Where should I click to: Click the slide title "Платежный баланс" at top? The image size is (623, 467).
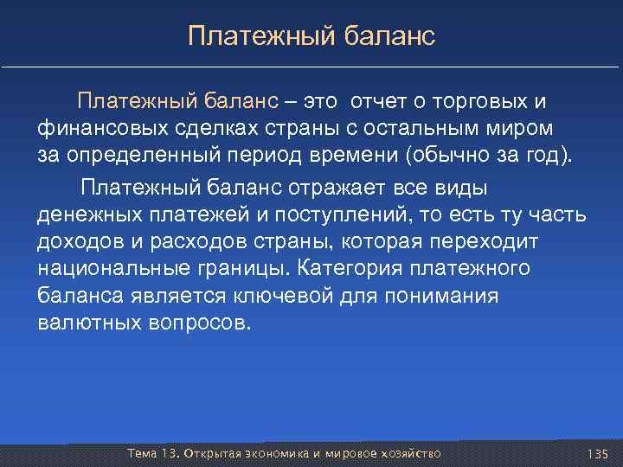coord(311,36)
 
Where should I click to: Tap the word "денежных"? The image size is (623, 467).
coord(83,214)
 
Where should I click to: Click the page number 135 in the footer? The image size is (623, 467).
coord(598,454)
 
